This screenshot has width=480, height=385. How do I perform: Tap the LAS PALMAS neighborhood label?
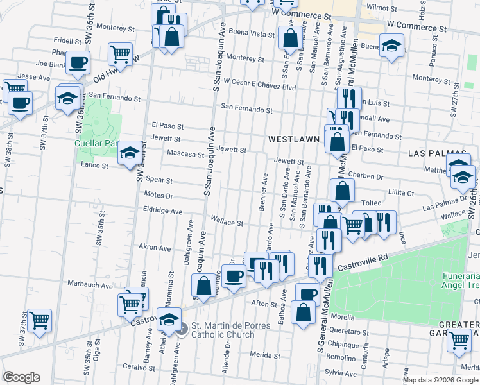(x=431, y=154)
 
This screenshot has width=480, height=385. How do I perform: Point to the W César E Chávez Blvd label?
(x=259, y=87)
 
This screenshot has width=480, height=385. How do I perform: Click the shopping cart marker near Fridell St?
(x=120, y=55)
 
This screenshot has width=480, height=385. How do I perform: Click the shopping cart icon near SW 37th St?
(x=40, y=320)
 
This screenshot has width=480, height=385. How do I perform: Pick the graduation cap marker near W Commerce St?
(x=391, y=46)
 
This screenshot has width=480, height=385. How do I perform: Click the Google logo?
(x=21, y=377)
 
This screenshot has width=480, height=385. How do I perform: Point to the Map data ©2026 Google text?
(x=440, y=380)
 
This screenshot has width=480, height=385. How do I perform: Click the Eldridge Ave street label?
(x=163, y=210)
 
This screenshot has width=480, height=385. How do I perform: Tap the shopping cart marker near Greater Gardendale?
(x=458, y=340)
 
